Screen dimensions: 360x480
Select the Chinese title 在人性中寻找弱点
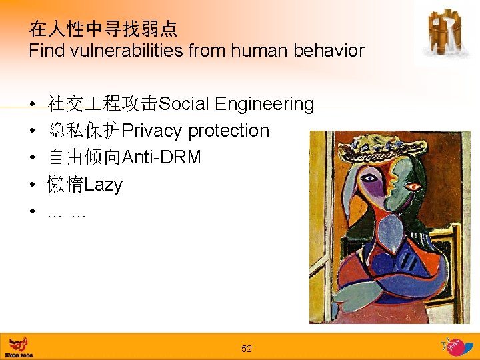point(103,28)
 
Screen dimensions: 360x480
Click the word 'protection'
point(229,131)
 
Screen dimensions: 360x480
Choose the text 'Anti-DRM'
point(162,157)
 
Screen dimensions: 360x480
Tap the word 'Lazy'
point(104,185)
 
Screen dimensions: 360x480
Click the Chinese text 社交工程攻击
point(103,104)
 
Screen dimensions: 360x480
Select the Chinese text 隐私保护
point(85,131)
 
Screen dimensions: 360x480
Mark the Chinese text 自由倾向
point(85,157)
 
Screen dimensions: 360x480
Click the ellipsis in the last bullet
point(67,213)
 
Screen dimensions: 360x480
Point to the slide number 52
point(247,349)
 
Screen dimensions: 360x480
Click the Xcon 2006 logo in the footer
point(19,347)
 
